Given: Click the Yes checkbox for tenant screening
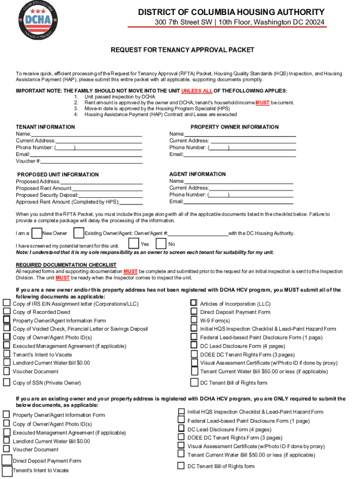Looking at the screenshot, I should pyautogui.click(x=134, y=243).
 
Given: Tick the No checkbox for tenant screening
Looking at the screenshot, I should pyautogui.click(x=161, y=244).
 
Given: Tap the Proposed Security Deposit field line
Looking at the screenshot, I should pyautogui.click(x=110, y=196).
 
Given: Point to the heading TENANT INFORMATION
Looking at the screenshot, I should pyautogui.click(x=45, y=127).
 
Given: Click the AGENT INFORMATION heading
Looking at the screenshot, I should pyautogui.click(x=197, y=174).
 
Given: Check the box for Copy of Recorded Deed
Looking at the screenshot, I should pyautogui.click(x=7, y=312).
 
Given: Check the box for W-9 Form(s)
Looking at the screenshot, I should pyautogui.click(x=194, y=320).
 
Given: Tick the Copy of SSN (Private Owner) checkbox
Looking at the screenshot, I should pyautogui.click(x=7, y=382).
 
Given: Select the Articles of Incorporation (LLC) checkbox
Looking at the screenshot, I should pyautogui.click(x=194, y=303).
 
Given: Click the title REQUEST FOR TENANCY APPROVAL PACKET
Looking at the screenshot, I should pyautogui.click(x=182, y=50).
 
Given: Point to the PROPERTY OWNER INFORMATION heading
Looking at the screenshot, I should pyautogui.click(x=234, y=127).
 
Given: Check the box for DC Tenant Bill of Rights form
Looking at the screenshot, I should pyautogui.click(x=194, y=382).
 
